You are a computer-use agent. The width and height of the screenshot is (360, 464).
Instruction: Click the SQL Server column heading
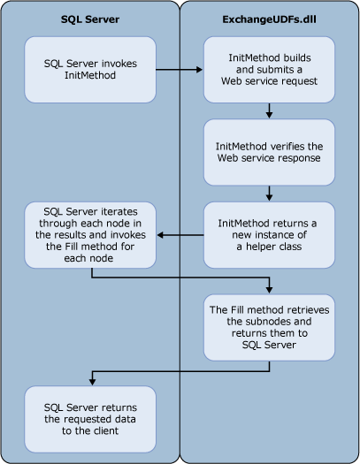coord(89,18)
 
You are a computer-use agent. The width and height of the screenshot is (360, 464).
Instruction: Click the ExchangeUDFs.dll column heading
coord(269,18)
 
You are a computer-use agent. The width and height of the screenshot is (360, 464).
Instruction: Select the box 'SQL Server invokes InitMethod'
coord(89,68)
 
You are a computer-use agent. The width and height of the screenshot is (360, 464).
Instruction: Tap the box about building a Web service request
coord(269,68)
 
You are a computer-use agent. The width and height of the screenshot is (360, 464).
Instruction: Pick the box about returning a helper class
coord(269,235)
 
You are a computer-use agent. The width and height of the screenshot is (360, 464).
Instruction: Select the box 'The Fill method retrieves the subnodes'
coord(269,327)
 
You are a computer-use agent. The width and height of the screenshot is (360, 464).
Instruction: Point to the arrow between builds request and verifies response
coord(269,110)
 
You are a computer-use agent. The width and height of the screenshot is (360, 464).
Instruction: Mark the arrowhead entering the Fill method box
coord(269,289)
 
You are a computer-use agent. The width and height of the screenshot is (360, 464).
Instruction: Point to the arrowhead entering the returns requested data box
coord(89,380)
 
